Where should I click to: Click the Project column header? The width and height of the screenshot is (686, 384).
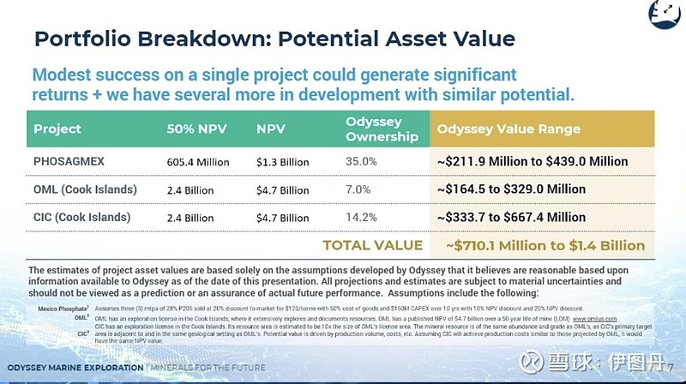(57, 129)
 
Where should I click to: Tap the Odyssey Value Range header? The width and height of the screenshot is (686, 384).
(508, 129)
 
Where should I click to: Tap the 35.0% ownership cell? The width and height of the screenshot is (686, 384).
(361, 160)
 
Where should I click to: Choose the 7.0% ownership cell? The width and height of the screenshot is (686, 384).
(358, 189)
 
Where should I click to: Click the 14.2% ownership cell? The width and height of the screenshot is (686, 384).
(361, 217)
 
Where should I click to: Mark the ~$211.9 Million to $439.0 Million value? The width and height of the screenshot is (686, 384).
(532, 160)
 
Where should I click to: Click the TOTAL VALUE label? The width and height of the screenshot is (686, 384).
(372, 245)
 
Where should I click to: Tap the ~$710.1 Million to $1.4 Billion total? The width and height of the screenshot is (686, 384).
(545, 245)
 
